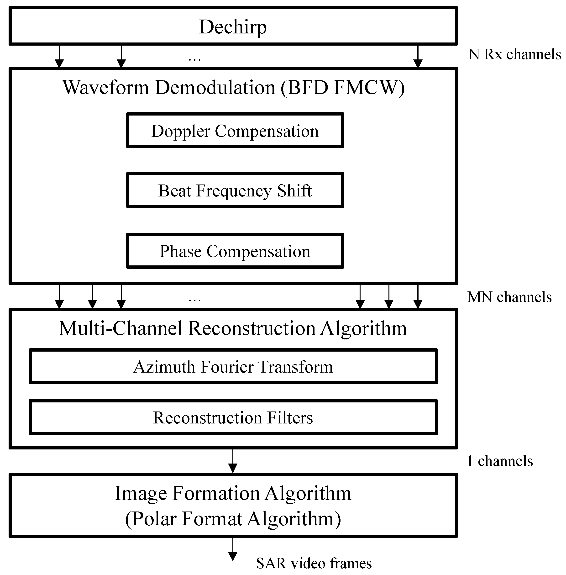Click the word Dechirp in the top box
pos(233,27)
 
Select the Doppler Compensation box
pos(235,131)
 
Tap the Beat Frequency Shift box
pos(235,190)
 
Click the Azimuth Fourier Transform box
pos(233,367)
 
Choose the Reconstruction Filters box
pos(233,417)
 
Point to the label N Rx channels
pos(514,54)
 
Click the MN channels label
pos(509,297)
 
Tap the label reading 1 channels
pos(500,461)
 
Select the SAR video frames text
pos(314,563)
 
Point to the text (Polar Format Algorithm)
pos(233,519)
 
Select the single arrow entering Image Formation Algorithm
pos(233,461)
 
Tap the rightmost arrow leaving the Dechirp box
pos(418,57)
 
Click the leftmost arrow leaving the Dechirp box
pos(59,57)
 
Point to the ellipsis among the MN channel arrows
pos(195,299)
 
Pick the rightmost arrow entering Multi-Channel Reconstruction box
pos(418,297)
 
